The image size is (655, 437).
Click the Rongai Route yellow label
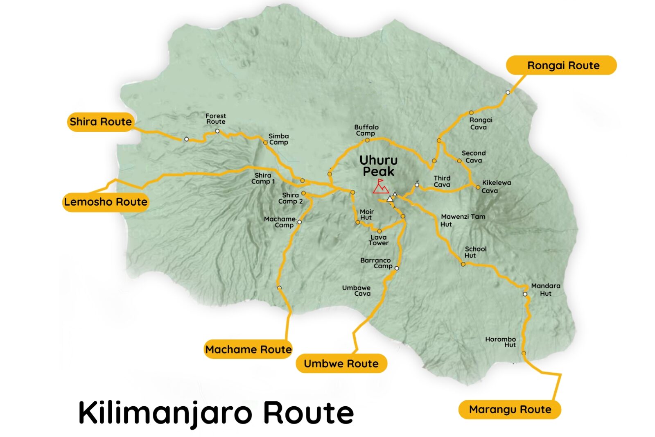561,66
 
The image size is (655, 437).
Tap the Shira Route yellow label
101,122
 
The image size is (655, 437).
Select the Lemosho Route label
106,202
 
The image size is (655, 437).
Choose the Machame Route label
248,349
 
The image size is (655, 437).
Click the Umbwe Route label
341,364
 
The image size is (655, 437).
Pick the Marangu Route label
510,410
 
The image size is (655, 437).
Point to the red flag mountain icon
380,186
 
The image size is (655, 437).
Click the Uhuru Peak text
378,166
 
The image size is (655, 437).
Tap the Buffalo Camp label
366,130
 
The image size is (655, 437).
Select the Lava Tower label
378,240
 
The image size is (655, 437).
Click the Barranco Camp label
376,263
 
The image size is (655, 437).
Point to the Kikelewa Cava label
496,187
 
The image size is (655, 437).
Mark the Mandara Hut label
545,290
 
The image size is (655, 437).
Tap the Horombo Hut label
501,342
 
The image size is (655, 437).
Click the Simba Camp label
278,139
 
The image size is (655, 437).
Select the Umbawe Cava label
357,291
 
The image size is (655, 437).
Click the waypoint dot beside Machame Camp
299,222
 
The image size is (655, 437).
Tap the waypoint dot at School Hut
463,264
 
